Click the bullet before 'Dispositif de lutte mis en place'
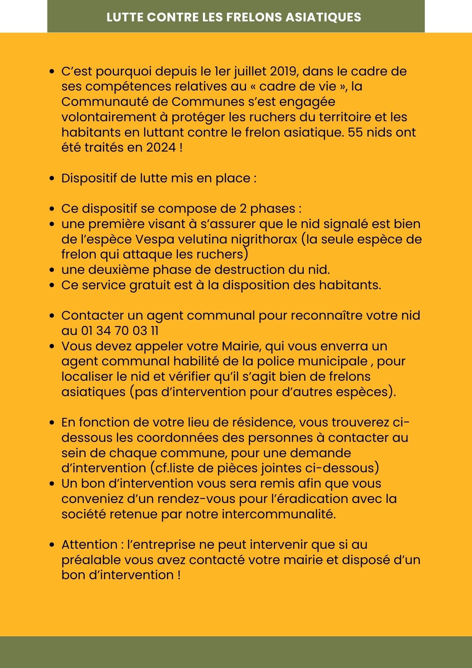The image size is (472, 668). click(x=52, y=179)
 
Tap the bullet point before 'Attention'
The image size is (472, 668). click(x=52, y=545)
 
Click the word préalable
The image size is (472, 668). click(x=91, y=560)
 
